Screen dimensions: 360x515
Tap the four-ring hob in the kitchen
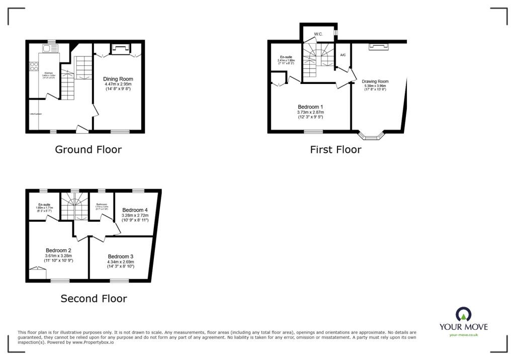click(x=34, y=67)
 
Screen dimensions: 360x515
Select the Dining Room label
click(x=118, y=79)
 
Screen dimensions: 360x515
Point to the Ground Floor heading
click(x=88, y=149)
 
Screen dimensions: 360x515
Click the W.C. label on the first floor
click(x=318, y=34)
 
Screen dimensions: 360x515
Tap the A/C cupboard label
click(x=342, y=55)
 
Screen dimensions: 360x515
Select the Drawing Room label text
click(x=375, y=81)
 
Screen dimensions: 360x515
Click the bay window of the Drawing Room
click(x=371, y=135)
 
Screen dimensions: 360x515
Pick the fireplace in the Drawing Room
click(x=379, y=47)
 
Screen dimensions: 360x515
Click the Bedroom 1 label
click(x=310, y=107)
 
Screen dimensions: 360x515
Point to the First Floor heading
click(x=335, y=149)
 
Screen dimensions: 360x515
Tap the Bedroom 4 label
click(x=135, y=210)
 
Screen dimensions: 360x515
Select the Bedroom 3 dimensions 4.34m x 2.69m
click(x=120, y=261)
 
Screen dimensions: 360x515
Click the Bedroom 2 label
click(x=58, y=250)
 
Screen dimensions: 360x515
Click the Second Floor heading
click(x=94, y=299)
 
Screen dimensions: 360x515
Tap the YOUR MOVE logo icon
click(x=463, y=314)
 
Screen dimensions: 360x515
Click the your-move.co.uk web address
click(x=463, y=334)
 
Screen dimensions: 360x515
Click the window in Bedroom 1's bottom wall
click(x=313, y=132)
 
